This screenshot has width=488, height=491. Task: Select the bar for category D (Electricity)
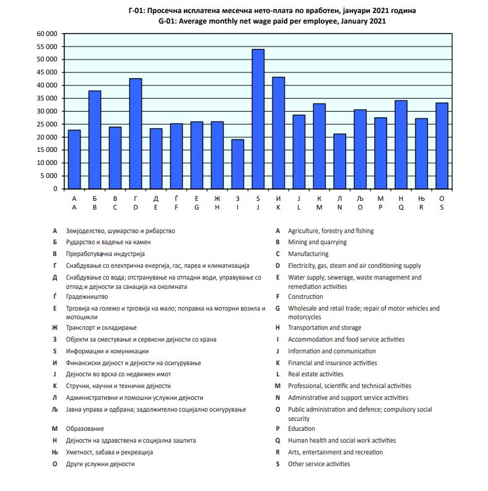(136, 133)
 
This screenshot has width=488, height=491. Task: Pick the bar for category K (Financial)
(279, 133)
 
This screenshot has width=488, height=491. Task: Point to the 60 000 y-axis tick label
(46, 33)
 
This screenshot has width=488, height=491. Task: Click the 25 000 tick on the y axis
(46, 124)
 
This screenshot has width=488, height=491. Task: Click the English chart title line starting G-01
(272, 20)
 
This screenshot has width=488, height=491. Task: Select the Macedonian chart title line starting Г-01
(272, 11)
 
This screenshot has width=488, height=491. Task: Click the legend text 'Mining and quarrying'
(317, 242)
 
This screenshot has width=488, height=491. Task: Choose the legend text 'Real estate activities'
(315, 374)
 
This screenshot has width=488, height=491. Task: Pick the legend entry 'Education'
(301, 429)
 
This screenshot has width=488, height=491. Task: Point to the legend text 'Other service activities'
(318, 464)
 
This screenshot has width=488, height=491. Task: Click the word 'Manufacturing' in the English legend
(308, 254)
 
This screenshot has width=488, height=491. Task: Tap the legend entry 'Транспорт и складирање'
(101, 328)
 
